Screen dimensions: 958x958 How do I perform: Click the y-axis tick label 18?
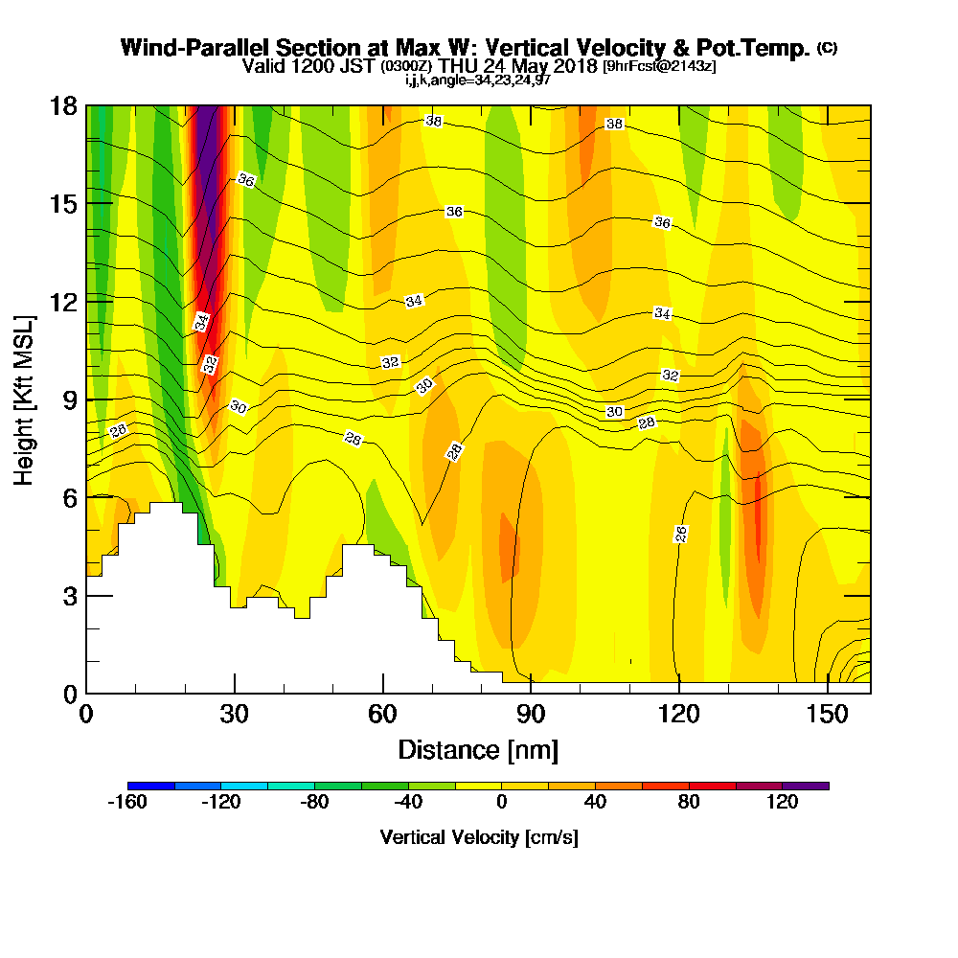[x=63, y=106]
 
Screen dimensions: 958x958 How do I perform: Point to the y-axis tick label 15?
[x=63, y=204]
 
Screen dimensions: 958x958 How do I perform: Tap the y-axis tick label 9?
[x=70, y=400]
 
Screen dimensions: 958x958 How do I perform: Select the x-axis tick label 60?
[x=382, y=714]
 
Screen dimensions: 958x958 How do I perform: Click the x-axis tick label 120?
[x=679, y=714]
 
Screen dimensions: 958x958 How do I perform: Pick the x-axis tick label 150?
[x=828, y=714]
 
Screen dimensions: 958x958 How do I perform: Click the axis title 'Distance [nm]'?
[x=478, y=750]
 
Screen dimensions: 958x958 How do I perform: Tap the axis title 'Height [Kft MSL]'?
[x=24, y=400]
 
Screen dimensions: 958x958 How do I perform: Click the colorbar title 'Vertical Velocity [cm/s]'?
[x=479, y=837]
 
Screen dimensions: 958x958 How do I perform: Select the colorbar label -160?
[x=127, y=802]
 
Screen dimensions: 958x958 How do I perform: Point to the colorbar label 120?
[x=783, y=802]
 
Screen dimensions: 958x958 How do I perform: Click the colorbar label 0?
[x=502, y=802]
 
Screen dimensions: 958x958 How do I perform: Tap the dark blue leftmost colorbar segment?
[x=151, y=786]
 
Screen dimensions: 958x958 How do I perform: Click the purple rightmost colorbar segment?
[x=806, y=786]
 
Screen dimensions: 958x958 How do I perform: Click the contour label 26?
[x=680, y=534]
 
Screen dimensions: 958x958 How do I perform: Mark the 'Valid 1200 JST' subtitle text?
[x=309, y=66]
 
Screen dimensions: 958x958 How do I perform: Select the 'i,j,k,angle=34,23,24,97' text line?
[x=478, y=80]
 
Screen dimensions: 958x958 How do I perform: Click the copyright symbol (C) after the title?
[x=828, y=48]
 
